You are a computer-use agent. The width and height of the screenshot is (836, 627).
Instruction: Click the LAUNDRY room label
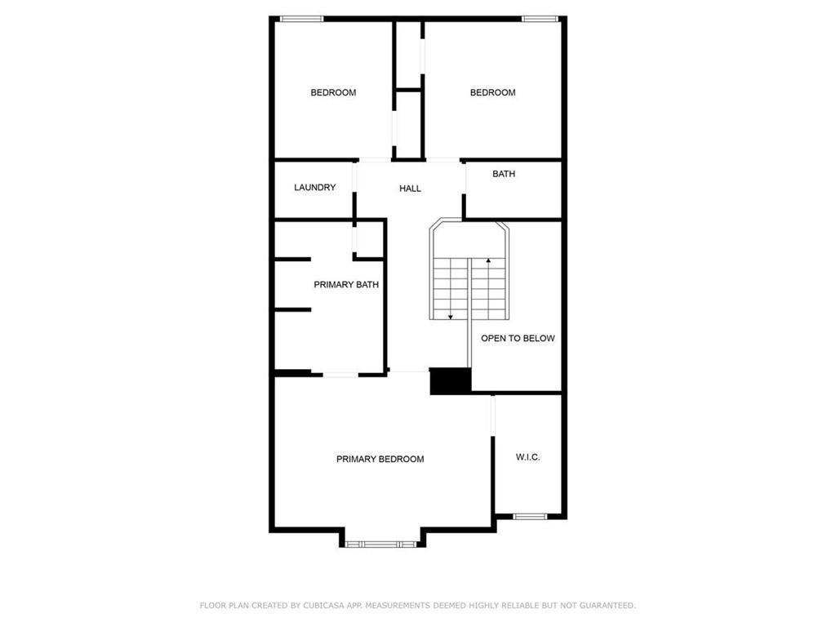tap(314, 187)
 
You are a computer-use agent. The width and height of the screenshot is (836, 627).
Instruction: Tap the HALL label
tap(410, 189)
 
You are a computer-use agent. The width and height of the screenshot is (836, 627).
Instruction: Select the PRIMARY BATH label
tap(346, 285)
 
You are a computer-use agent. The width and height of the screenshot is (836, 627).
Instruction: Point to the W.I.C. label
tap(528, 457)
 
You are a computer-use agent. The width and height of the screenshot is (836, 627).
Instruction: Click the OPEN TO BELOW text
tap(518, 338)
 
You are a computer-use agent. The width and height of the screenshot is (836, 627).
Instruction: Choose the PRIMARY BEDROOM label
tap(380, 459)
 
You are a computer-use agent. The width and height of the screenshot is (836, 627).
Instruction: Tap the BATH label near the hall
tap(504, 174)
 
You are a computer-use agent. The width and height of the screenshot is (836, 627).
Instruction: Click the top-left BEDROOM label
tap(333, 92)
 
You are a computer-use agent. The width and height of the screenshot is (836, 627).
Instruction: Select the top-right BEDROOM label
tap(492, 92)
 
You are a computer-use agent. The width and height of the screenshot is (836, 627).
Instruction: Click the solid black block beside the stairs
tap(451, 381)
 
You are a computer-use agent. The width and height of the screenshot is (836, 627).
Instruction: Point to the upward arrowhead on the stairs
tap(488, 260)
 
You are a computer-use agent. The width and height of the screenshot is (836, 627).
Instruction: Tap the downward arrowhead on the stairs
tap(451, 318)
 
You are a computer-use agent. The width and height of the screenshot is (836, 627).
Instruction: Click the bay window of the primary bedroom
tap(380, 545)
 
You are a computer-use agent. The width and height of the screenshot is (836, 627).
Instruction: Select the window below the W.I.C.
tap(530, 516)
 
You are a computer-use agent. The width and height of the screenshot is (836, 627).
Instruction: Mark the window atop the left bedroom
tap(302, 20)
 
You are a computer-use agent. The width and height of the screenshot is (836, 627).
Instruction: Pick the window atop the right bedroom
tap(540, 20)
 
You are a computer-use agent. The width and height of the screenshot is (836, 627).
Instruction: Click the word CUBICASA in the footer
tap(323, 606)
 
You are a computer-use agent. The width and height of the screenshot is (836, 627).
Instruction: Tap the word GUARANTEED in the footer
tap(607, 606)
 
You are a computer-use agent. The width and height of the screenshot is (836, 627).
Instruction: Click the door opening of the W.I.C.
tap(493, 416)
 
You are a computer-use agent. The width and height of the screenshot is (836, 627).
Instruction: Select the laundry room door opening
tap(354, 176)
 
